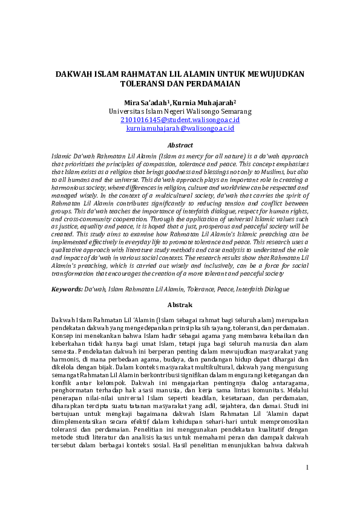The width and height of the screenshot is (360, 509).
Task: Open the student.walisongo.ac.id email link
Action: [180, 120]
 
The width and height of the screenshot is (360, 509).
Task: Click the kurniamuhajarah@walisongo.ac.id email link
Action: [180, 128]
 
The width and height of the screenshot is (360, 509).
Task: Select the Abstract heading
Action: [180, 145]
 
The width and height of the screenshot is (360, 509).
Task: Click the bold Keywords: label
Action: [68, 290]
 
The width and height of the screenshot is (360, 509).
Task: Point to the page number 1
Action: [307, 484]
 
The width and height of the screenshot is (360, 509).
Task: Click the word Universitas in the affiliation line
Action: [129, 111]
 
